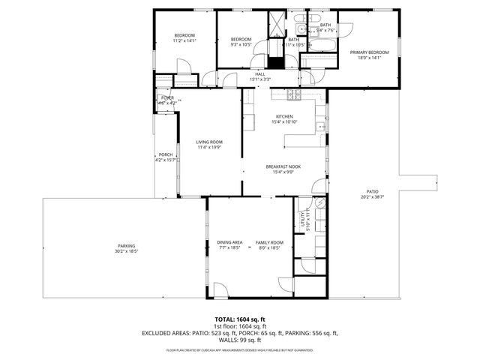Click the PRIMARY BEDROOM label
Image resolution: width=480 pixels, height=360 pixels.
click(366, 52)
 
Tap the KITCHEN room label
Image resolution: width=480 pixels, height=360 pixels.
click(284, 116)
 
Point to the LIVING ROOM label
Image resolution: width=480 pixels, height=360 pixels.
click(209, 142)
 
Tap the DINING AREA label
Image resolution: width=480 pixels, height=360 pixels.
click(229, 242)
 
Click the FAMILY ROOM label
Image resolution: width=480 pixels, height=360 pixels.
click(268, 242)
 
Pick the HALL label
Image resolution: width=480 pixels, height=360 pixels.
click(260, 73)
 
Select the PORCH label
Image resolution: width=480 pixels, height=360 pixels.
click(165, 155)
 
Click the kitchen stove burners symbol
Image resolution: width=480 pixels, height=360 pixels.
click(293, 96)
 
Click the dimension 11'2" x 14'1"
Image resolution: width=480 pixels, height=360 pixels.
click(184, 41)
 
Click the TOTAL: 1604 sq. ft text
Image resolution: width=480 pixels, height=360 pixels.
click(239, 319)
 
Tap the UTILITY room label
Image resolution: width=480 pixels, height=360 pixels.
click(304, 219)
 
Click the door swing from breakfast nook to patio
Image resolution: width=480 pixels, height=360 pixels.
click(321, 188)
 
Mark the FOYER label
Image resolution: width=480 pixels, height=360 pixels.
click(166, 97)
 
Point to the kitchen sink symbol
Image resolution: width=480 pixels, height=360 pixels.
click(322, 127)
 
